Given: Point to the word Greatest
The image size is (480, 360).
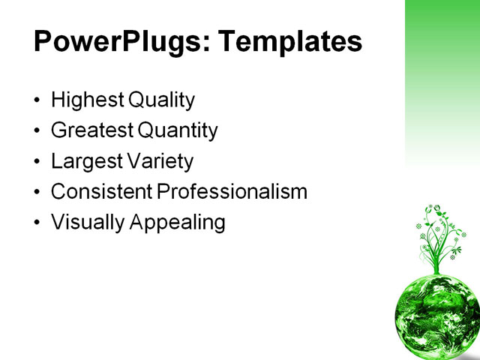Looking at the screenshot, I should pos(91,131).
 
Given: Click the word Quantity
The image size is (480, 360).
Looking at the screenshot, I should pos(177,131).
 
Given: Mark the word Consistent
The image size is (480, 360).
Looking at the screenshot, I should pos(101,192).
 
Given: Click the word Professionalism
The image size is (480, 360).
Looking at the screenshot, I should pos(232,192).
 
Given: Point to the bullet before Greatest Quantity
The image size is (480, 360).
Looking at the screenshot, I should pos(38,132).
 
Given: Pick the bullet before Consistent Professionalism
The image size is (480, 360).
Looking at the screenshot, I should pos(38,193).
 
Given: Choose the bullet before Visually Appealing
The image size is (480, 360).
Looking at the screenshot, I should pos(38,223).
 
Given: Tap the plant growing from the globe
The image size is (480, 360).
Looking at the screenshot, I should pos(440,236).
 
